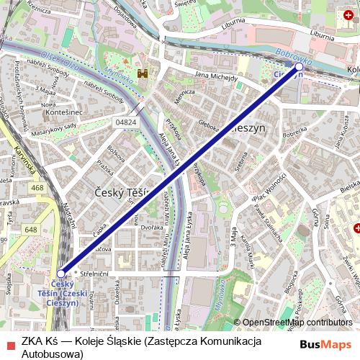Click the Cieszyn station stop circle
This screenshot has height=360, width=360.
[x=300, y=66]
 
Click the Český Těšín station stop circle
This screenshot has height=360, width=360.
[x=61, y=274]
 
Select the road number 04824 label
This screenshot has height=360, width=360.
[x=125, y=123]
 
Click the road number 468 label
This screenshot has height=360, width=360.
[x=37, y=188]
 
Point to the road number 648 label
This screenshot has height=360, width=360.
[x=30, y=230]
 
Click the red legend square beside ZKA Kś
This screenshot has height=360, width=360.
[x=9, y=343]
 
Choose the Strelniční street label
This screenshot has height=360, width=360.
[x=94, y=274]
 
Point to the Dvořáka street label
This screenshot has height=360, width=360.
[x=152, y=228]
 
